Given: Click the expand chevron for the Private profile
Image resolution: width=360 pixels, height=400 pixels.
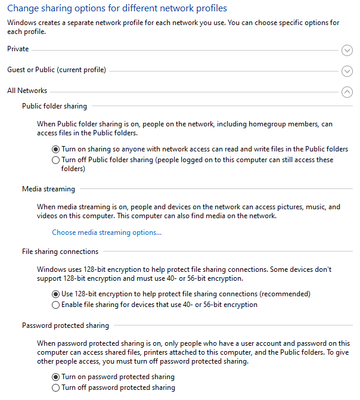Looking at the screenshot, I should point(347,51).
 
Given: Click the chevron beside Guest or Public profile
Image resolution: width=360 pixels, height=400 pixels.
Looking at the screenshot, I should point(347,72).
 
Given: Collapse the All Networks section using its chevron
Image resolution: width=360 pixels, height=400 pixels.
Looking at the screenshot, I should point(347,92).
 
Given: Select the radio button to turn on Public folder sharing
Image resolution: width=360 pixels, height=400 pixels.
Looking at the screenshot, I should point(56,149).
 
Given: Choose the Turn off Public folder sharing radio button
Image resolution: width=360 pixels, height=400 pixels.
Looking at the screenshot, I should point(56,160).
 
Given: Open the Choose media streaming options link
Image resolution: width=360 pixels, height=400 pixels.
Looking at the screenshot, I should point(107,232).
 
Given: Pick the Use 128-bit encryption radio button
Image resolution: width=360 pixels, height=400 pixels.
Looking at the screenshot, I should point(56,294).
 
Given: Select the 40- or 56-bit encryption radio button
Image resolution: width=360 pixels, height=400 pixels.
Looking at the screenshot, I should point(56,305).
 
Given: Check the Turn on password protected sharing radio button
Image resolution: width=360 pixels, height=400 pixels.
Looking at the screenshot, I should point(56,377).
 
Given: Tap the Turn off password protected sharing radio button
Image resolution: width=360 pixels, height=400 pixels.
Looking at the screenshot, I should point(56,388).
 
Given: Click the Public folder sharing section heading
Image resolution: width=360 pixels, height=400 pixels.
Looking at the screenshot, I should point(54,106).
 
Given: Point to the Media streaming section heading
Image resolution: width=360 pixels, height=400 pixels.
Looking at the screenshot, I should point(48,189).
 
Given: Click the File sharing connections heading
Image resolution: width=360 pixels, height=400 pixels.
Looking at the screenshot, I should point(60,252).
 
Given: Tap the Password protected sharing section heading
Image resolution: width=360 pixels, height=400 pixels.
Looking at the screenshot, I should point(66,325).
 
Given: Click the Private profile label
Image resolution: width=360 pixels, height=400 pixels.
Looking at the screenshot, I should point(18,49).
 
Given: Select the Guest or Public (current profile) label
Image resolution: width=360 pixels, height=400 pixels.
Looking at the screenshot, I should point(57,70).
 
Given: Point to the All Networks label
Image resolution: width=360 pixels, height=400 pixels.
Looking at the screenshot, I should point(27,91).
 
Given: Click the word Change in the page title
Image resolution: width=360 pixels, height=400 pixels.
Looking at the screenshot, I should point(23,8).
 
